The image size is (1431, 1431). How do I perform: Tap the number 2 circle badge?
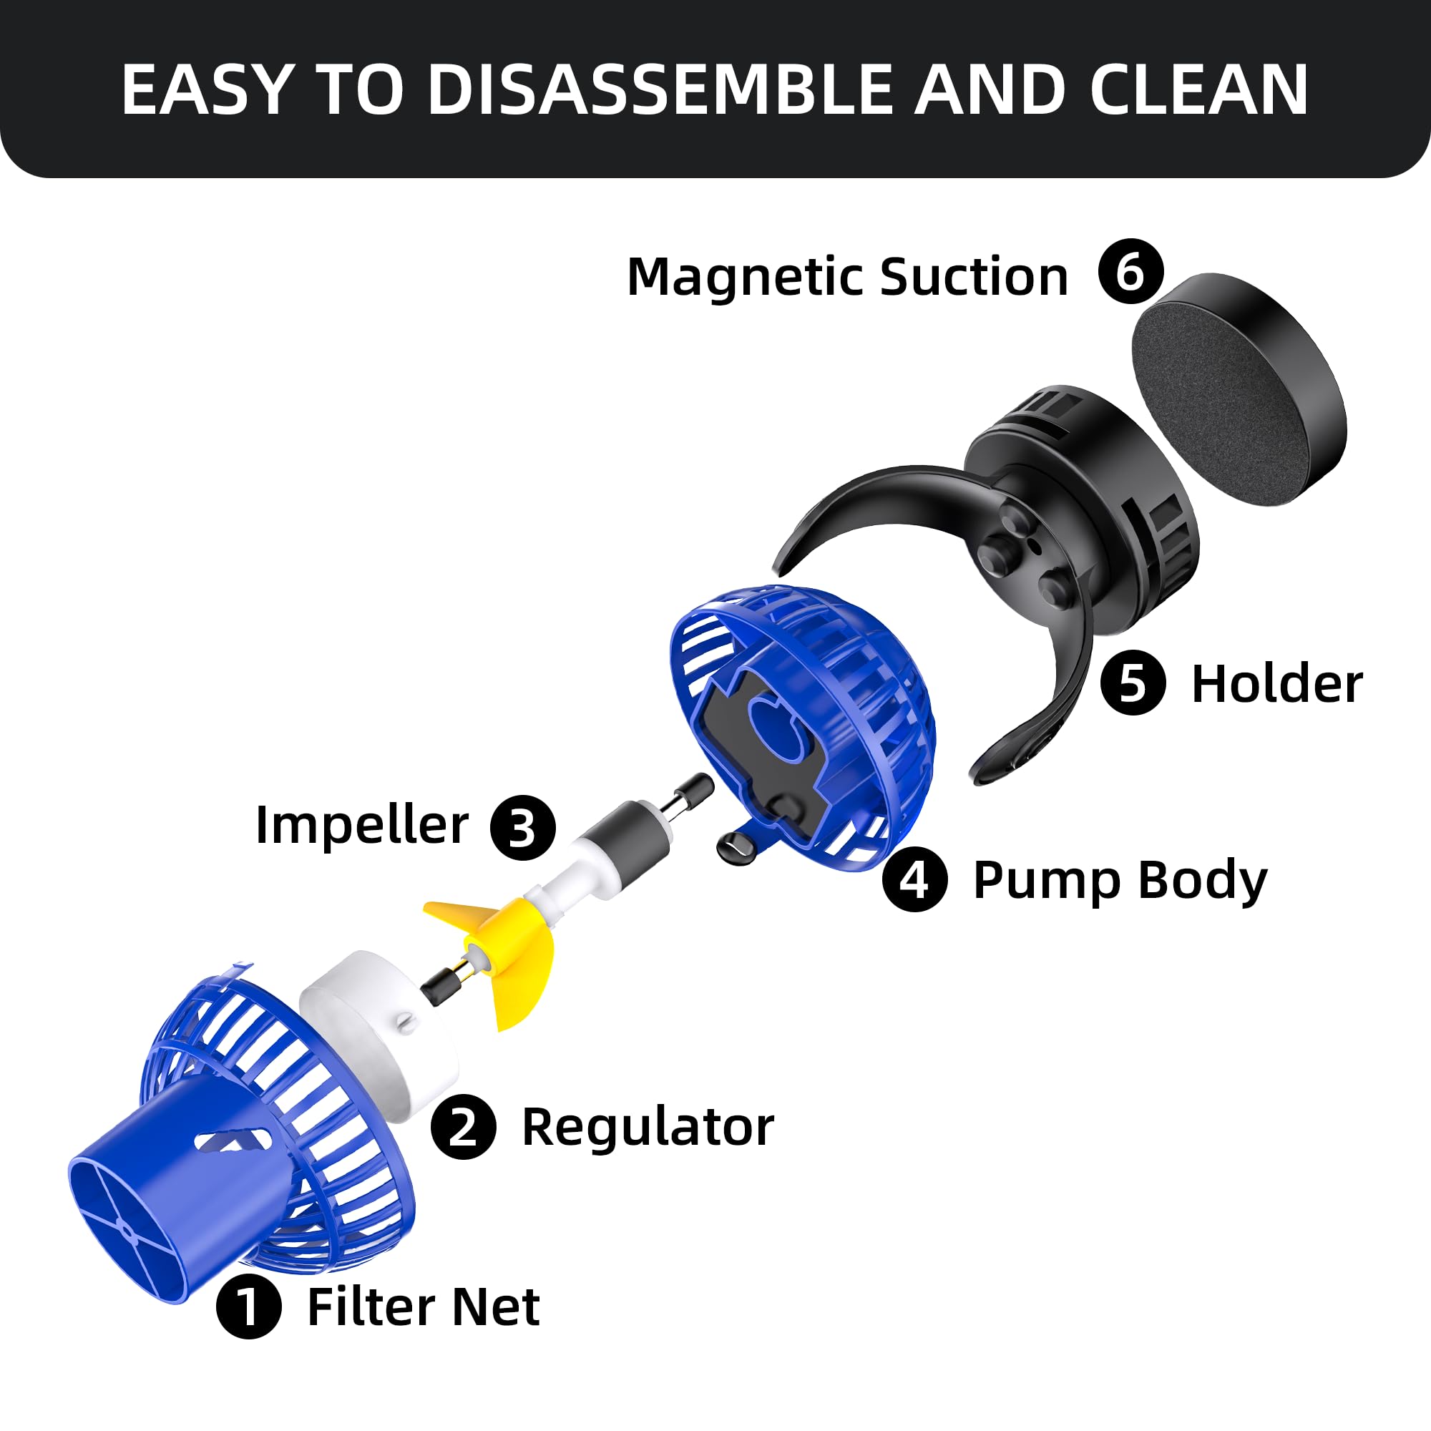tap(463, 1127)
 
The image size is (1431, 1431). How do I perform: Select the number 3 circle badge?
tap(523, 827)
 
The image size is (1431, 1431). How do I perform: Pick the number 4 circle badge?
tap(914, 879)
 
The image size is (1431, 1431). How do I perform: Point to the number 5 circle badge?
tap(1133, 682)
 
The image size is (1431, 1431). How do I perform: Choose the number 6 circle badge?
tap(1131, 271)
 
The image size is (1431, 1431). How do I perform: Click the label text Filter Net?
tap(423, 1307)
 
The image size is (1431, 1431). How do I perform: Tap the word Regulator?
tap(648, 1127)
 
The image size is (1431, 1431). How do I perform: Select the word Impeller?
tap(361, 824)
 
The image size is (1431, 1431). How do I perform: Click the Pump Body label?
tap(1120, 881)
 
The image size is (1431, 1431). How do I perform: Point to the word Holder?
tap(1276, 683)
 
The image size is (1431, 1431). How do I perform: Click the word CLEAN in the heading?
tap(1198, 89)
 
